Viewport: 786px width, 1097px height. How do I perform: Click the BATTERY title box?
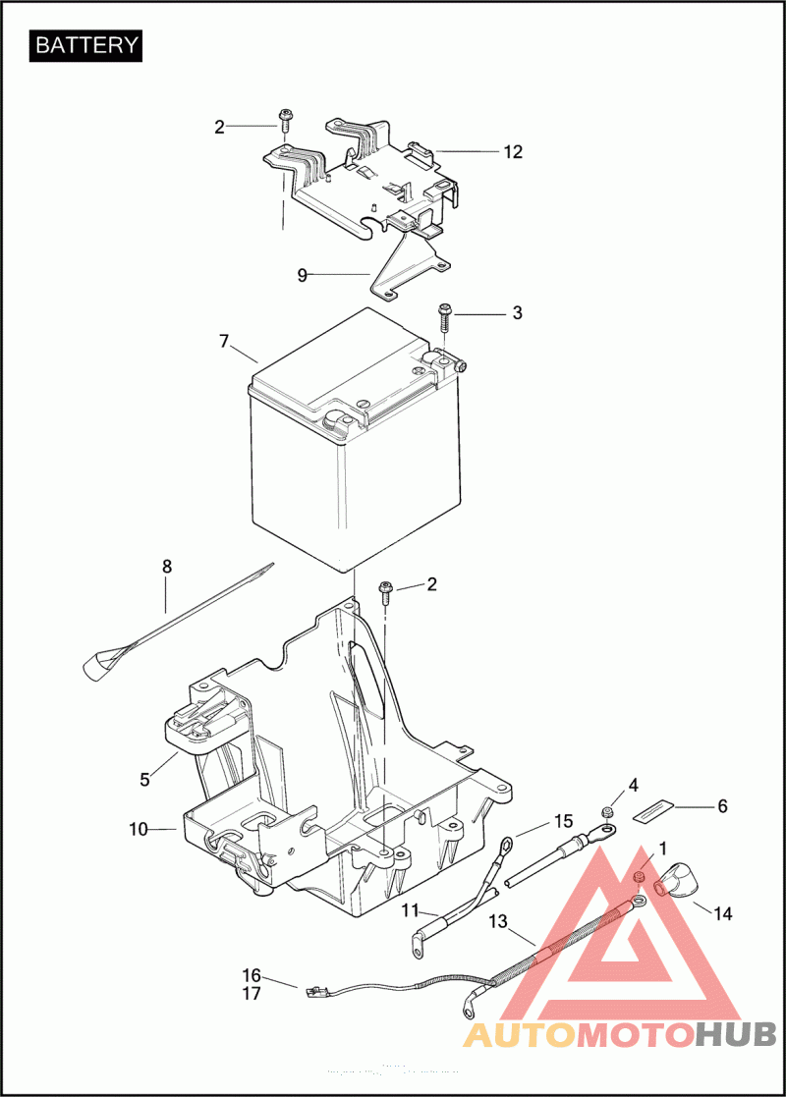coord(86,45)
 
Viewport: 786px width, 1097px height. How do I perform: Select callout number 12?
coord(513,152)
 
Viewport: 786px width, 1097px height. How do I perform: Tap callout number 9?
coord(303,276)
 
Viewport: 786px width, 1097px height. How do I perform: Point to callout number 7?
coord(224,342)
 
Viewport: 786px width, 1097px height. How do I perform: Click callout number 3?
coord(517,313)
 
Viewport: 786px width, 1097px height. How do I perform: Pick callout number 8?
coord(166,567)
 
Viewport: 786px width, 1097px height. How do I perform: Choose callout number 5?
coord(144,780)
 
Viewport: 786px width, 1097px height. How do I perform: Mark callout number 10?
coord(138,830)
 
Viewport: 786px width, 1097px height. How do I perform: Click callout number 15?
coord(563,820)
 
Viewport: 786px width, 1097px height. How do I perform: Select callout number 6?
coord(722,806)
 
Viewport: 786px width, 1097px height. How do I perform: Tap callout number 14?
coord(722,913)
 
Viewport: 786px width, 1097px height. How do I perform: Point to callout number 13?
coord(498,921)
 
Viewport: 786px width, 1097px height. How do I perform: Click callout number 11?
coord(410,910)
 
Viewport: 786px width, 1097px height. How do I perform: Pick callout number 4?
coord(633,786)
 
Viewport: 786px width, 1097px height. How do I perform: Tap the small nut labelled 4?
coord(607,811)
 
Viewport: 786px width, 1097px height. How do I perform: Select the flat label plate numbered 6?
coord(656,811)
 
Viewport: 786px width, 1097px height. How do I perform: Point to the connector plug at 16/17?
coord(316,991)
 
